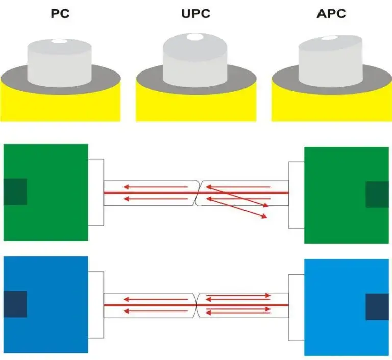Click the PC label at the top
click(x=60, y=14)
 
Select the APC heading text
click(x=331, y=14)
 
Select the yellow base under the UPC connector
click(x=196, y=107)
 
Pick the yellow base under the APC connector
click(x=331, y=107)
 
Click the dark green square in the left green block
click(x=15, y=192)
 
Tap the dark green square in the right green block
click(x=377, y=195)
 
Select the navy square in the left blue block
click(x=15, y=304)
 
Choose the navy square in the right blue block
click(x=377, y=307)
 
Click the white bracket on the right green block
click(x=296, y=195)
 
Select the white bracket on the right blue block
click(x=296, y=307)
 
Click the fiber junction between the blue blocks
click(x=197, y=305)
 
